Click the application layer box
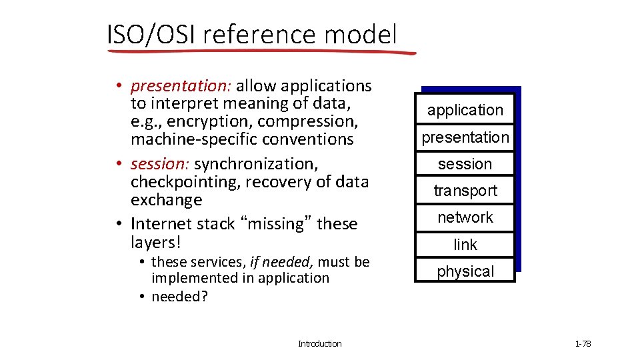465,110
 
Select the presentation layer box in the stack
465,137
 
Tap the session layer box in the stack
465,164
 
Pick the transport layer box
465,191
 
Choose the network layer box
465,217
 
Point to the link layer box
465,245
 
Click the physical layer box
465,271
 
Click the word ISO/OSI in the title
151,34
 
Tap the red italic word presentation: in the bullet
181,86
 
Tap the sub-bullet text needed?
179,297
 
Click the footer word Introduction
319,344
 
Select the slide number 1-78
583,344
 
